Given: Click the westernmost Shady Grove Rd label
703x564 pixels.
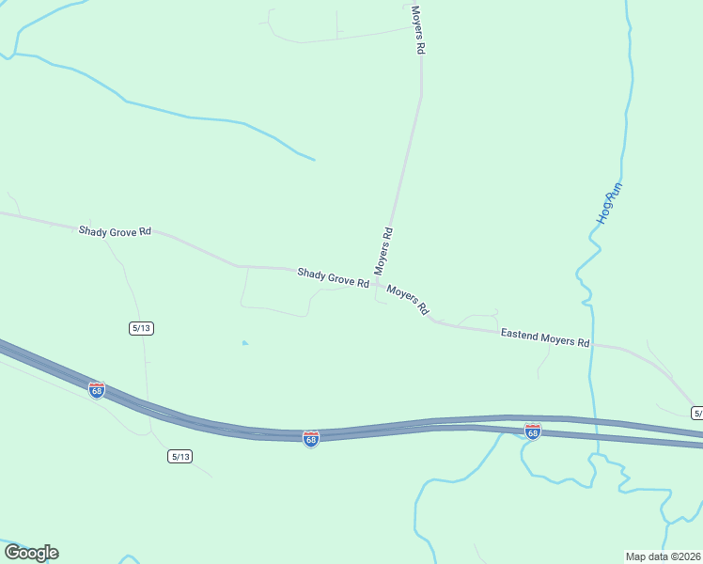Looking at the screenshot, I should [115, 230].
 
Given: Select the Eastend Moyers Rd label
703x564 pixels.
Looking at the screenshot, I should [544, 337].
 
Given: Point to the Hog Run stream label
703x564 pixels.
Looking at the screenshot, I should [610, 202].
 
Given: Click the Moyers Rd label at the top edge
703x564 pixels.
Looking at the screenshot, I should [418, 29].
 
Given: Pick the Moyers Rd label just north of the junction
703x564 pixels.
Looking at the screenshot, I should [383, 251].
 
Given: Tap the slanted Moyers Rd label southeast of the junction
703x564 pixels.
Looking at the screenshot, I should [408, 301].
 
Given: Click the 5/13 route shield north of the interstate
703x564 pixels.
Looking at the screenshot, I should [141, 327].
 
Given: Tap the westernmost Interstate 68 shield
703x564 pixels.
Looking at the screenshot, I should [96, 389].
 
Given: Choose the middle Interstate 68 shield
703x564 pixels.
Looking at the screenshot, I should [311, 439].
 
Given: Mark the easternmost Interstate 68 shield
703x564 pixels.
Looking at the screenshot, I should [533, 431].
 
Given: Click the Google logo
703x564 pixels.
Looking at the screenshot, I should [31, 553].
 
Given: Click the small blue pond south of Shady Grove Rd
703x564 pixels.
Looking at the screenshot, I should [244, 342].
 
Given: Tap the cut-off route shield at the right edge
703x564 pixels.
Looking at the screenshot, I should [696, 413].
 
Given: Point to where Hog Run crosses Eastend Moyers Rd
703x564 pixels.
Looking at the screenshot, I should [590, 345].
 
